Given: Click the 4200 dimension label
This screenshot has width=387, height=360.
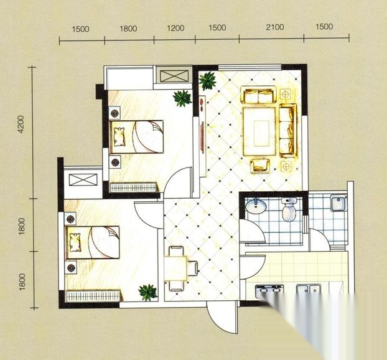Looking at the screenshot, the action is click(x=22, y=124).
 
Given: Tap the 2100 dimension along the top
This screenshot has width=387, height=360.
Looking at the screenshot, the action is click(x=275, y=27).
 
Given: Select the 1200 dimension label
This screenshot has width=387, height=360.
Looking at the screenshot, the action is click(x=175, y=28).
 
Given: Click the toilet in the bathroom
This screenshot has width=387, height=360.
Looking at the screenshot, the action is click(x=289, y=209).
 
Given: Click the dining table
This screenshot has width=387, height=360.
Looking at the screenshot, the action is click(x=175, y=268).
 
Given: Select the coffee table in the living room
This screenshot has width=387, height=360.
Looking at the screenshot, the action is click(x=259, y=131).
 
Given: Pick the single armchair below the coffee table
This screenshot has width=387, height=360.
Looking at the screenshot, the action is click(x=260, y=166).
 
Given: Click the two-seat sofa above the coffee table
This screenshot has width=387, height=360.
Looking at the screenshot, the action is click(x=259, y=95).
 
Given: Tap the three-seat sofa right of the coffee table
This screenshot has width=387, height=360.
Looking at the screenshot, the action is click(x=288, y=131).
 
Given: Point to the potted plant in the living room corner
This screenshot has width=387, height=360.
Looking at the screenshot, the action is click(x=208, y=80).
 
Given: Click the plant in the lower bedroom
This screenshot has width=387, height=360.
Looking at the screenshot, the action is click(x=148, y=293).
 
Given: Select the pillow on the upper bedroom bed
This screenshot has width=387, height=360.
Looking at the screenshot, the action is click(x=119, y=136).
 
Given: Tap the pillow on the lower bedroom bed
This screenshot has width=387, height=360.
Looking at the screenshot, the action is click(x=75, y=242).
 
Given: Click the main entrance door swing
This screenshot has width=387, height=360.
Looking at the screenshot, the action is click(x=222, y=317).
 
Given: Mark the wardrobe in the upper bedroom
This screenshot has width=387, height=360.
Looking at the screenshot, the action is click(x=133, y=187).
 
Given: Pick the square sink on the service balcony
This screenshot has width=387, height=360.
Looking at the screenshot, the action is click(x=338, y=202).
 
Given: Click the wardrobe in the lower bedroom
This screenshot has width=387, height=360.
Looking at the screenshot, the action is click(x=93, y=296).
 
